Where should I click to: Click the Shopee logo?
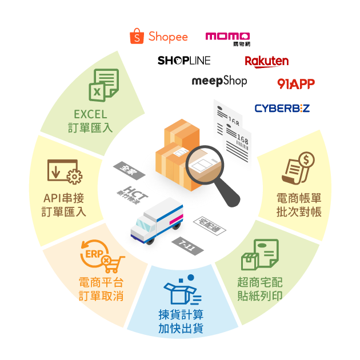(x=158, y=36)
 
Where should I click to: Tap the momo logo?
(x=227, y=36)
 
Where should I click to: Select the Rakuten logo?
(x=266, y=61)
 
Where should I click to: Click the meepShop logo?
(x=219, y=81)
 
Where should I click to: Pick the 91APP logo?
(x=295, y=83)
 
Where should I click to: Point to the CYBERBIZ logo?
(x=282, y=108)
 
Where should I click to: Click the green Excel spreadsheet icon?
(x=103, y=85)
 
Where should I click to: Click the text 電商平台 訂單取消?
(x=101, y=289)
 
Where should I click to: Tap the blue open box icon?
(x=181, y=290)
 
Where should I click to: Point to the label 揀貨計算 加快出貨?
(x=181, y=322)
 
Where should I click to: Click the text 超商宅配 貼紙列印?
(x=259, y=289)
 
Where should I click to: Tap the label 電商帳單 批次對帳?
(x=298, y=205)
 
